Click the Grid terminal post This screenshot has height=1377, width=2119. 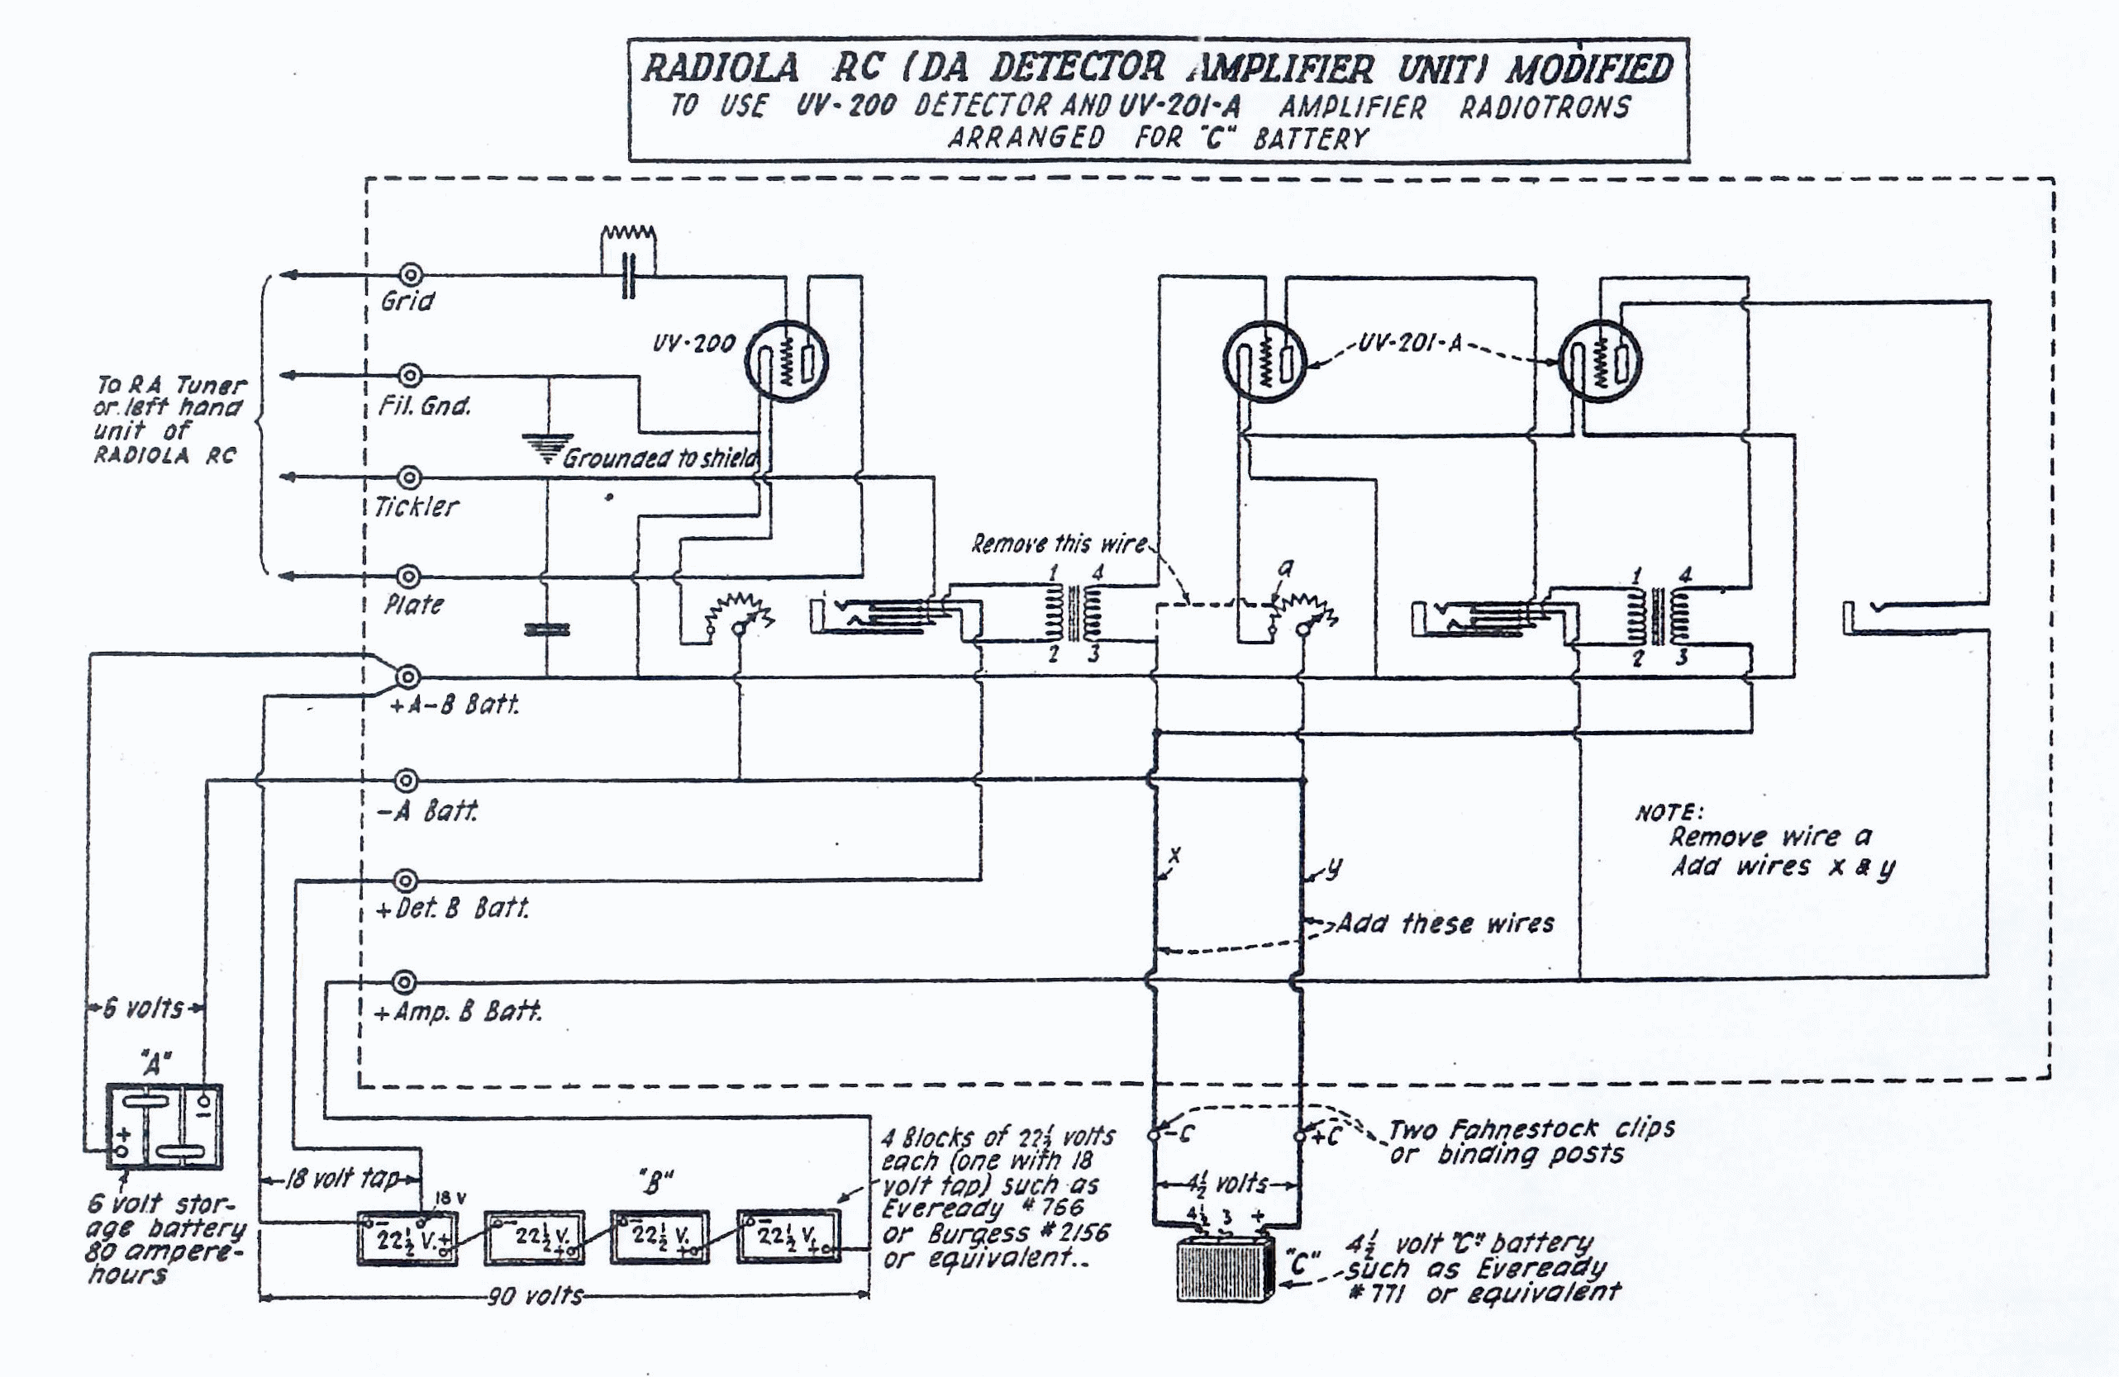pyautogui.click(x=411, y=274)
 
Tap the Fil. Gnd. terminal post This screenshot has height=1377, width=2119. pyautogui.click(x=411, y=375)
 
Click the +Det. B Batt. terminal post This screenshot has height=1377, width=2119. pyautogui.click(x=405, y=881)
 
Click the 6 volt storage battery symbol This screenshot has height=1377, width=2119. pyautogui.click(x=164, y=1126)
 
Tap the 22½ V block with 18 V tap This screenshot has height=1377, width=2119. pyautogui.click(x=407, y=1237)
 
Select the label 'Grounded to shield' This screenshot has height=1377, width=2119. pyautogui.click(x=660, y=458)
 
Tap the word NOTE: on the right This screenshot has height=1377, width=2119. pyautogui.click(x=1669, y=812)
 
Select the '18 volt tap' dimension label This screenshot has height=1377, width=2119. pyautogui.click(x=342, y=1180)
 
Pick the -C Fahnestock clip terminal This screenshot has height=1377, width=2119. pyautogui.click(x=1155, y=1135)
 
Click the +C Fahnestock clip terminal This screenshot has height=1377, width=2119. pyautogui.click(x=1299, y=1136)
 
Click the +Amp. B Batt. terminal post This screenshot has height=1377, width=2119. pyautogui.click(x=404, y=983)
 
